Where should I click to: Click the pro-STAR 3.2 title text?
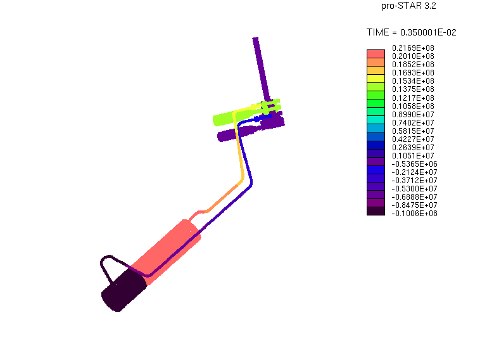408,6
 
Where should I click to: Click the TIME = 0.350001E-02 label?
411,32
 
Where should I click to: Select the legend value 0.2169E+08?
413,48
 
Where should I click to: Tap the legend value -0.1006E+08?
414,213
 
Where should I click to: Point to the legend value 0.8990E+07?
413,115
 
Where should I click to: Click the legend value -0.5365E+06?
414,164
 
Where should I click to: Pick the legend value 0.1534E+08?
413,81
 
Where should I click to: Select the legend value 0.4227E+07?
413,139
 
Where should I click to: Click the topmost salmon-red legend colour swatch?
376,54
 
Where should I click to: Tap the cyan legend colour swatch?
376,120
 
